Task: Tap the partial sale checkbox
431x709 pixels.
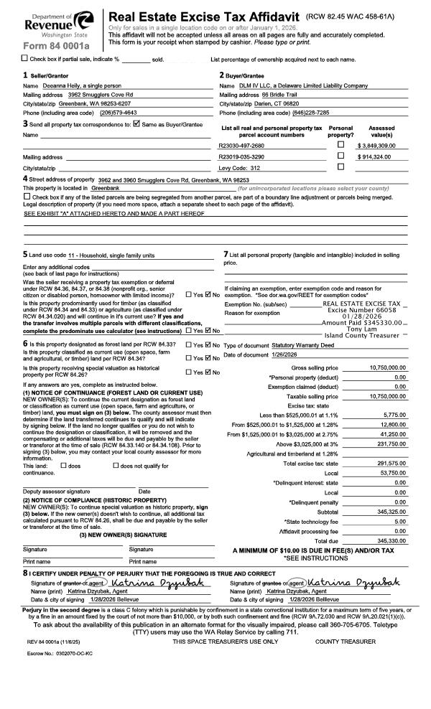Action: click(x=26, y=58)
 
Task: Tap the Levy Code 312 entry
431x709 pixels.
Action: click(x=240, y=167)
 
